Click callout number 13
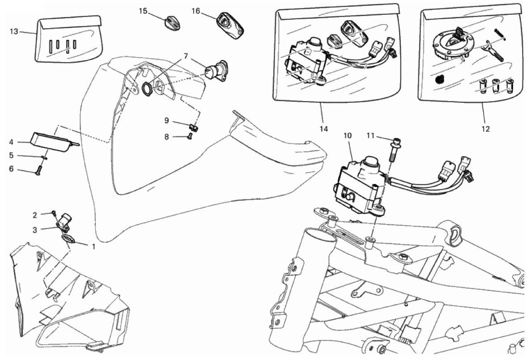click(x=14, y=31)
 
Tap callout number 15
click(x=143, y=11)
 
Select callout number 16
click(x=196, y=11)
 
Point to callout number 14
click(x=323, y=129)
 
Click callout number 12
click(x=485, y=129)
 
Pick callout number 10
click(x=348, y=135)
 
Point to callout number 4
click(x=11, y=142)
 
